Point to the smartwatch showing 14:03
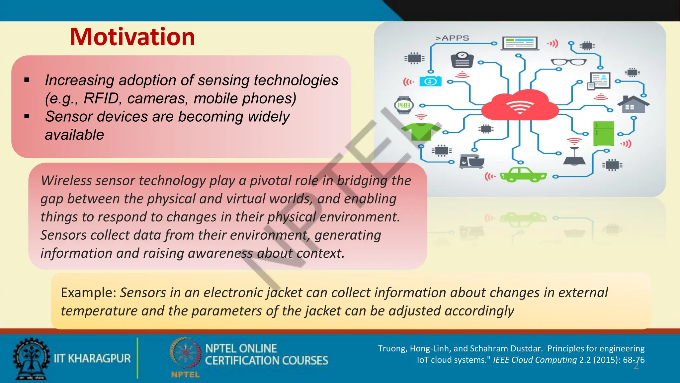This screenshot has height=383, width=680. click(x=404, y=105)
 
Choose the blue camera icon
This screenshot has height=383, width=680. click(x=431, y=81)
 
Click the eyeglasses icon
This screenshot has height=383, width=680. click(x=568, y=62)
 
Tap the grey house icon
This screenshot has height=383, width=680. click(x=633, y=104)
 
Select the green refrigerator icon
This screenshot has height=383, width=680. click(x=603, y=134)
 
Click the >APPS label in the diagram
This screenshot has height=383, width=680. click(x=452, y=38)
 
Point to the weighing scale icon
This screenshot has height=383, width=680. click(x=462, y=60)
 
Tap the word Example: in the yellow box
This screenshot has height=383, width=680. click(x=88, y=293)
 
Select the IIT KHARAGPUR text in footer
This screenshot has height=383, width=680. click(x=92, y=358)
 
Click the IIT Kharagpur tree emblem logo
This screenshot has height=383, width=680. click(x=31, y=359)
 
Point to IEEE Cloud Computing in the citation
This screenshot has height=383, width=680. click(x=535, y=360)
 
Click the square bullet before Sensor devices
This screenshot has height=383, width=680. click(x=27, y=116)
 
